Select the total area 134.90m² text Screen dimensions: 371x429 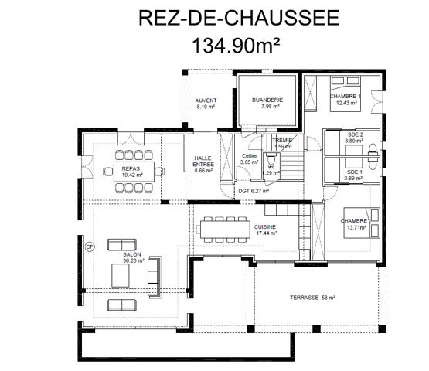pyautogui.click(x=214, y=45)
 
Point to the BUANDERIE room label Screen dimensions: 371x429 pyautogui.click(x=268, y=100)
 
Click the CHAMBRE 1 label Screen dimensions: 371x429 pyautogui.click(x=345, y=96)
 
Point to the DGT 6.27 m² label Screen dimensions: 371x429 pyautogui.click(x=253, y=191)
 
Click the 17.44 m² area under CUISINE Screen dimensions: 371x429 pyautogui.click(x=266, y=233)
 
